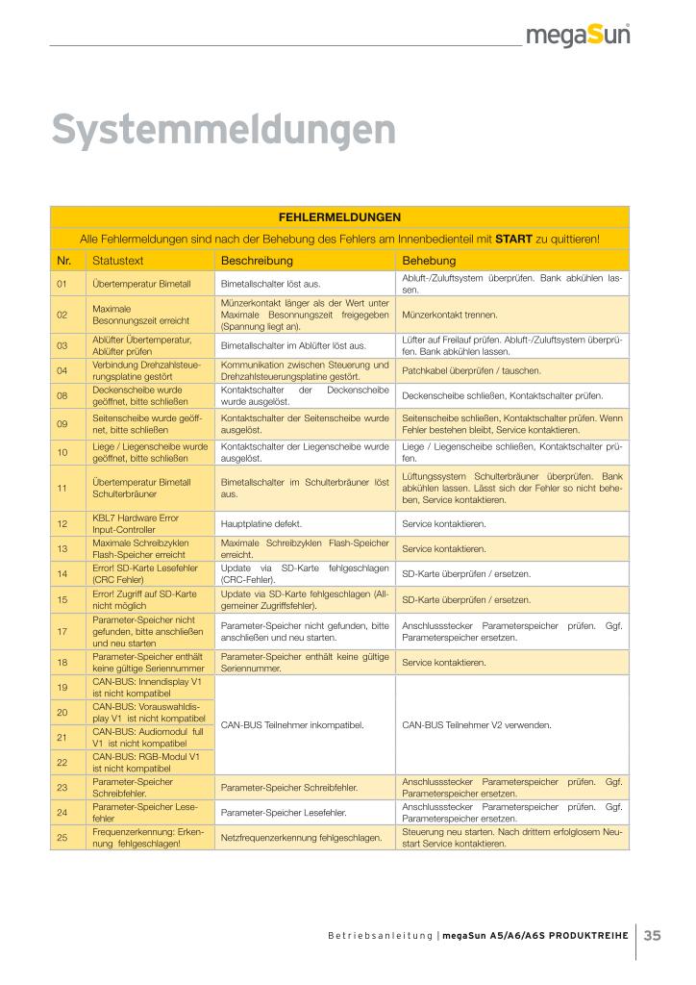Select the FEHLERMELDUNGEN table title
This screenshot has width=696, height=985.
click(339, 217)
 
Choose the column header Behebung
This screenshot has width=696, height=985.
click(429, 261)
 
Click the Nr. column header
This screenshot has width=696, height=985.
click(64, 261)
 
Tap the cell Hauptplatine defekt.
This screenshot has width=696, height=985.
click(261, 524)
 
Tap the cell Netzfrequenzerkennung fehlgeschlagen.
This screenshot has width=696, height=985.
click(301, 838)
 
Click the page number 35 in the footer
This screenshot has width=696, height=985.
click(653, 934)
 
